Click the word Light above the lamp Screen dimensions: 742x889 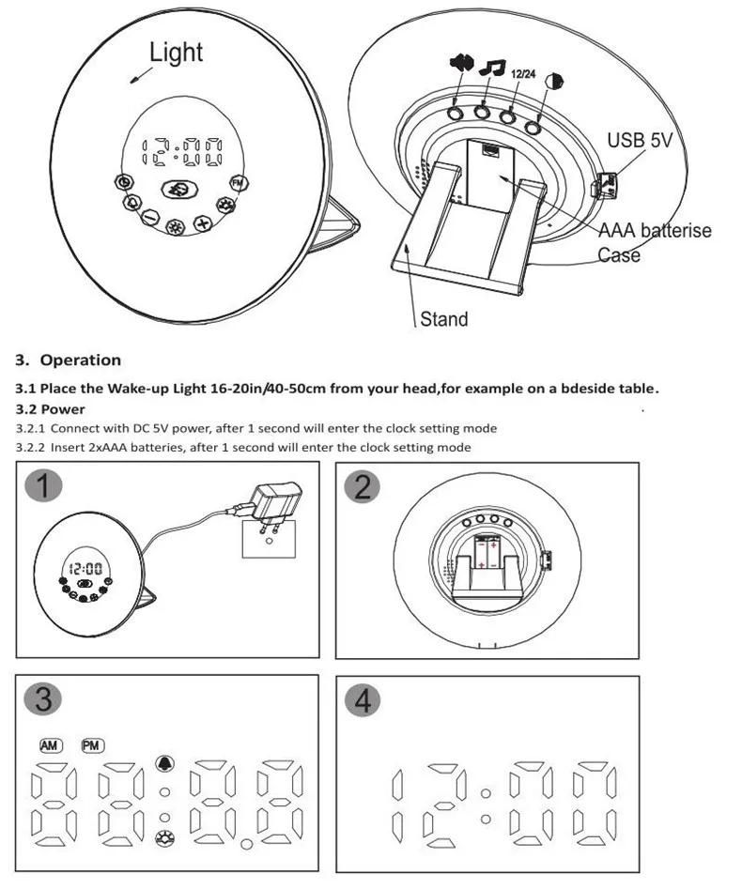tap(176, 53)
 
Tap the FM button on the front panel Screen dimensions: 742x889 tap(239, 182)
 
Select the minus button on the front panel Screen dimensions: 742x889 tap(150, 216)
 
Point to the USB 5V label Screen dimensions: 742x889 tap(640, 140)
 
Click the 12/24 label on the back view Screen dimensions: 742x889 tap(523, 74)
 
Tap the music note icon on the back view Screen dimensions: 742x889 tap(492, 67)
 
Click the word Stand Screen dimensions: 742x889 tap(444, 319)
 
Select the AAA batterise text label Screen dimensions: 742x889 tap(656, 230)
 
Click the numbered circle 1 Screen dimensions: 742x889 tap(44, 485)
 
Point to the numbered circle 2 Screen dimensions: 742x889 tap(363, 486)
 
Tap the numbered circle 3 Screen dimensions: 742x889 tap(42, 697)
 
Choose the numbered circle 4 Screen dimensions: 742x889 tap(362, 700)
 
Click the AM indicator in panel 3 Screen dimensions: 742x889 tap(51, 745)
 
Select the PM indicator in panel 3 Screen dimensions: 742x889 tap(92, 745)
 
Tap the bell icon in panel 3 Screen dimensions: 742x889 tap(164, 763)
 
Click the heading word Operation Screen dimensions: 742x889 tap(81, 360)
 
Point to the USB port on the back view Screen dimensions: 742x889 tap(605, 185)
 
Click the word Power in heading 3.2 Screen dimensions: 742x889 tap(63, 409)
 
